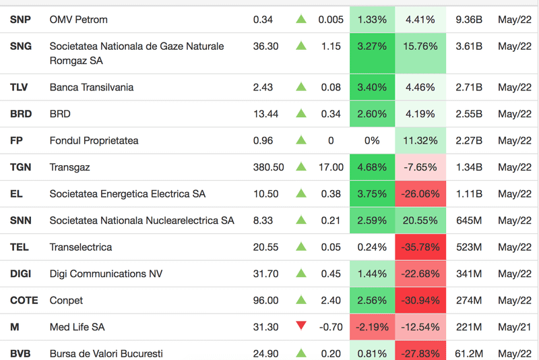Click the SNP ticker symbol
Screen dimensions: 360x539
[21, 20]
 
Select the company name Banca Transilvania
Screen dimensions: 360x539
[92, 87]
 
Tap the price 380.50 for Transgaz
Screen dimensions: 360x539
[268, 167]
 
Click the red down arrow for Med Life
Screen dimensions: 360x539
[301, 326]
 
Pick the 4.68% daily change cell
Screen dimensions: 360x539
[372, 167]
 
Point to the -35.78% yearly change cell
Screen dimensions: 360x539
[421, 247]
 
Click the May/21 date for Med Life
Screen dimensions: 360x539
[515, 327]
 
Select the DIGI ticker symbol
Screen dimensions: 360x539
[20, 274]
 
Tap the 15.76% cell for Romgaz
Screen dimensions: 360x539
[421, 47]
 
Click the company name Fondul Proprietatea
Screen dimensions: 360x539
[94, 141]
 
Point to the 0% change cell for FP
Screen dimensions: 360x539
[372, 141]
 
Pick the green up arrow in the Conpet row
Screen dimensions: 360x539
[301, 299]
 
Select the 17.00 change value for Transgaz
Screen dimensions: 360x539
[331, 167]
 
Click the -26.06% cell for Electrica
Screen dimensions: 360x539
[421, 194]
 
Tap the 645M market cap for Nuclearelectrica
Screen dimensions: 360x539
[469, 220]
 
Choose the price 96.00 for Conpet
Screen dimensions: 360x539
[265, 300]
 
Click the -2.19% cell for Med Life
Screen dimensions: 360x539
[372, 327]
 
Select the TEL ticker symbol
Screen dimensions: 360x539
[20, 247]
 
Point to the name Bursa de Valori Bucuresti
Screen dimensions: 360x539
[106, 353]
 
